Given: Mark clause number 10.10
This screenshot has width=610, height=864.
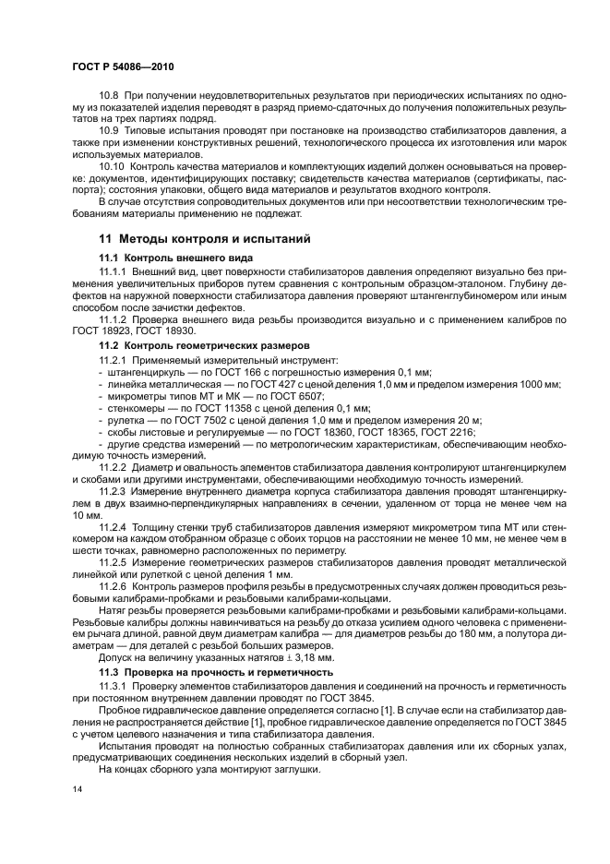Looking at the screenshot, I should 112,165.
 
